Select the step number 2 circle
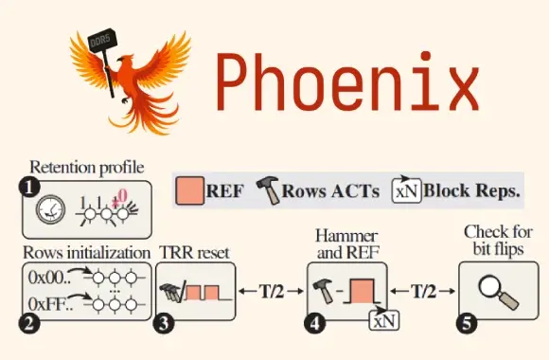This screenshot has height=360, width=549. click(29, 322)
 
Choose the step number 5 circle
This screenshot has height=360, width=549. click(466, 322)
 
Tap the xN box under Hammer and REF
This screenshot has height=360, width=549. click(382, 318)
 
